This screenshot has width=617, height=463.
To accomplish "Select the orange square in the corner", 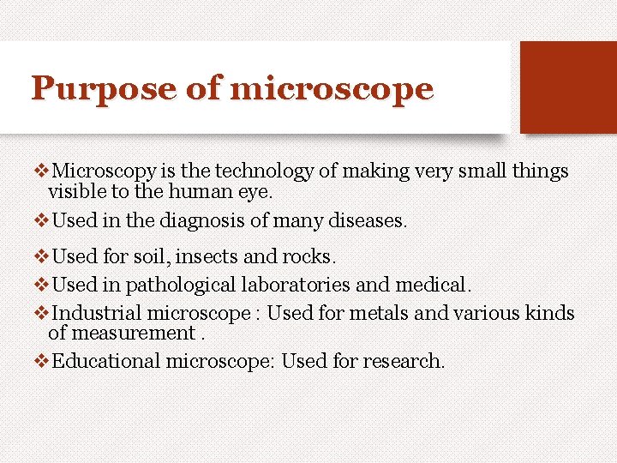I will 568,87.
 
